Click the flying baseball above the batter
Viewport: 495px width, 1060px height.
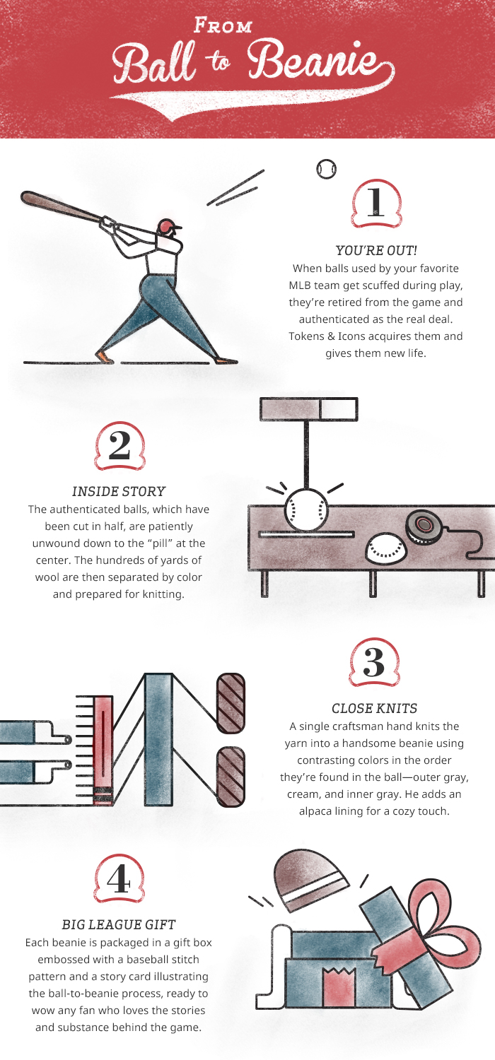[327, 169]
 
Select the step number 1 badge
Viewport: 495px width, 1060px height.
[377, 204]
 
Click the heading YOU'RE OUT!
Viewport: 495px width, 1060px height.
[376, 250]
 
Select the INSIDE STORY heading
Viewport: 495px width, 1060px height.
[118, 492]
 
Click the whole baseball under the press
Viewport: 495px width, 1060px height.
[306, 510]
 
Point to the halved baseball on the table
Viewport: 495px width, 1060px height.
[386, 548]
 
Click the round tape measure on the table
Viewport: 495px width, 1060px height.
[424, 528]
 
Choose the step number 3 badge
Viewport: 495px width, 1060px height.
[374, 662]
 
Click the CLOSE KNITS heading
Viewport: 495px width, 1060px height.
[374, 708]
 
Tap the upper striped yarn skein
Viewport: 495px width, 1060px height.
[231, 703]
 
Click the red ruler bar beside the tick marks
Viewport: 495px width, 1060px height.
[103, 750]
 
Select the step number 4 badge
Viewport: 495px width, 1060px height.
[119, 879]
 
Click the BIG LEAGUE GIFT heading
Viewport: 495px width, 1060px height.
[118, 924]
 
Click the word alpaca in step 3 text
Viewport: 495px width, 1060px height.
[316, 811]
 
